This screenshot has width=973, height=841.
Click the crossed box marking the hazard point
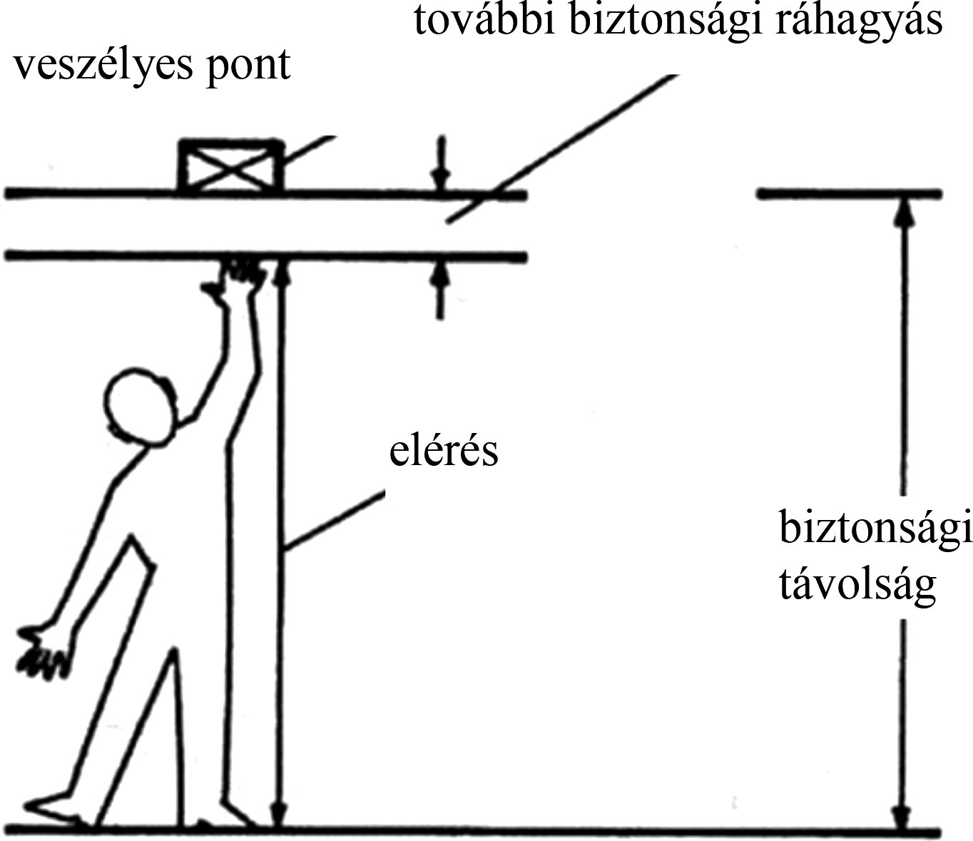pos(230,166)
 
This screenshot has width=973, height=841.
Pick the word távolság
pos(856,586)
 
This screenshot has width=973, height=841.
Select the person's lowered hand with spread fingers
pos(43,650)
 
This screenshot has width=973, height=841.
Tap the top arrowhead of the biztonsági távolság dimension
pos(904,210)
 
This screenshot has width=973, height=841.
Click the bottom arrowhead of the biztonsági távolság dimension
pos(904,817)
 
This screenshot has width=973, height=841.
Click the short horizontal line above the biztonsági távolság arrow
pos(849,193)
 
